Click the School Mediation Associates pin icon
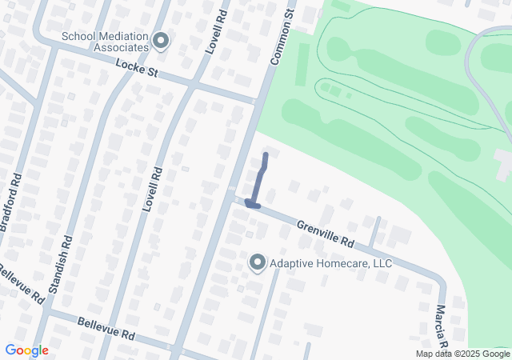tap(162, 40)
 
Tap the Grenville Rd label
tap(326, 234)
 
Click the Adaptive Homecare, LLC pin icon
tap(257, 262)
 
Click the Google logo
tap(26, 350)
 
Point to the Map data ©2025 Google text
tap(462, 354)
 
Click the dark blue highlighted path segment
tap(258, 181)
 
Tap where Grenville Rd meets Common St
tap(231, 197)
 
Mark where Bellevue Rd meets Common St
tap(177, 349)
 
